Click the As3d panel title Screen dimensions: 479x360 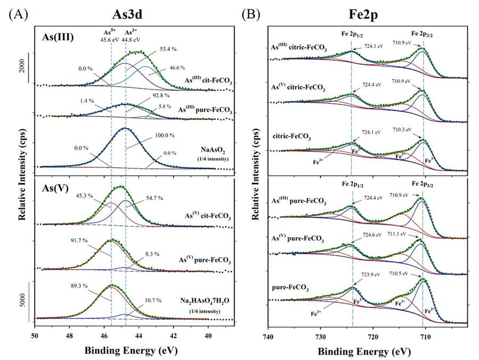click(x=127, y=14)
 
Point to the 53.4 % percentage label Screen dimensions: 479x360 click(x=168, y=49)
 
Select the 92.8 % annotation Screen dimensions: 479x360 click(x=160, y=96)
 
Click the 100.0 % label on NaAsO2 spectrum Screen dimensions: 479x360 click(x=164, y=135)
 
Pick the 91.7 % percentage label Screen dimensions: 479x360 click(x=79, y=241)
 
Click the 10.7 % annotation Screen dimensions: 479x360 click(x=152, y=301)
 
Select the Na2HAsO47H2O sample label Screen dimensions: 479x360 click(x=204, y=301)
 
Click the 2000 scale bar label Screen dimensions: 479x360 click(x=22, y=68)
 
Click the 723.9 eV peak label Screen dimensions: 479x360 click(x=371, y=275)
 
